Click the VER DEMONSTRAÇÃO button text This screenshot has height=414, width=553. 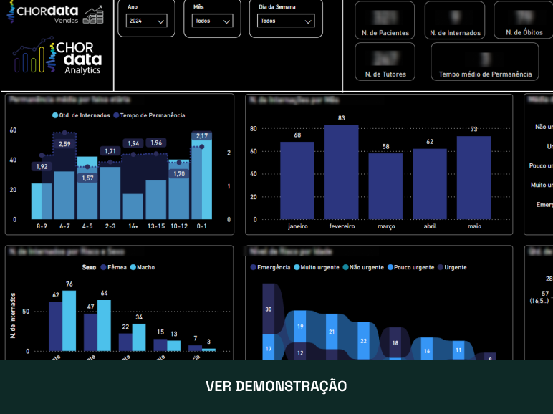tap(276, 386)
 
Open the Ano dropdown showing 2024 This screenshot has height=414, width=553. tap(147, 21)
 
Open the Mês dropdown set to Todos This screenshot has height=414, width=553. tap(213, 21)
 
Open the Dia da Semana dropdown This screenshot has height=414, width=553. tap(282, 21)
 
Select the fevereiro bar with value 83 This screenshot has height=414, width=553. tap(342, 172)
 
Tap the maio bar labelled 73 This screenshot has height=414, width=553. tap(473, 178)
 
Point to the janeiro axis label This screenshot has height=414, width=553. tap(298, 226)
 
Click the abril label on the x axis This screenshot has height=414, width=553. tap(430, 226)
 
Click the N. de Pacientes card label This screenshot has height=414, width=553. tap(385, 33)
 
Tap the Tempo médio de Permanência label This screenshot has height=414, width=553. tap(485, 74)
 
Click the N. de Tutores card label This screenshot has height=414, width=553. tap(385, 74)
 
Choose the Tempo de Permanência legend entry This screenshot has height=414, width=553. tap(152, 115)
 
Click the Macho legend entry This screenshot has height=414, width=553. tap(145, 267)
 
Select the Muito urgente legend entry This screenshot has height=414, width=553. tap(319, 267)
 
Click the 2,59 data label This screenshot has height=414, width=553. tap(64, 144)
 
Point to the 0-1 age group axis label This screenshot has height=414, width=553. tap(201, 226)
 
